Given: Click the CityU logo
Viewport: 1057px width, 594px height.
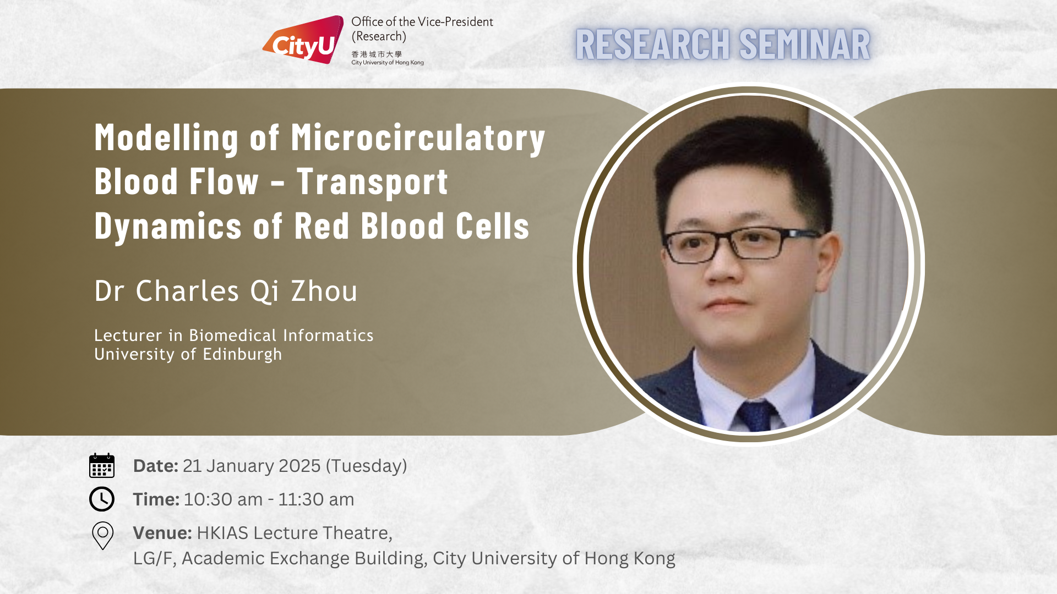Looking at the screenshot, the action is [x=303, y=40].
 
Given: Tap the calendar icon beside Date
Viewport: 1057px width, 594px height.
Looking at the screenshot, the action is [x=102, y=465].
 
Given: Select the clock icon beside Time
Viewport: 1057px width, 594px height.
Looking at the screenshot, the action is [x=102, y=499].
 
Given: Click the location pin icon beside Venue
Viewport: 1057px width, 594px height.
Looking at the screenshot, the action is [x=102, y=536].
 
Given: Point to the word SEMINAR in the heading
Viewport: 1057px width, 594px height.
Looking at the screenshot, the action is [x=804, y=45].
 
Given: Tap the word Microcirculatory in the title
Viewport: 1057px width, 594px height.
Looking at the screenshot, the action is [x=418, y=137].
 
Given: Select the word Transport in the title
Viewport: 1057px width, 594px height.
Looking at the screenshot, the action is [x=372, y=182].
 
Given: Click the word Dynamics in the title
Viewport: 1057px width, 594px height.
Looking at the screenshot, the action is [x=168, y=226].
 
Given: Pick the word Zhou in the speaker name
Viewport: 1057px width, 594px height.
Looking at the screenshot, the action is [x=324, y=291].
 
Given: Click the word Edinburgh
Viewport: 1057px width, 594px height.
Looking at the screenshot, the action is [x=242, y=354].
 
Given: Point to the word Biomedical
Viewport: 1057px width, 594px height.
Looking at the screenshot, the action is [x=233, y=335].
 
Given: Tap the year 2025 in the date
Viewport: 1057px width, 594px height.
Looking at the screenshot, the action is [x=299, y=466].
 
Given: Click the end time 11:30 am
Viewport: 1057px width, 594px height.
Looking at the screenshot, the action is [x=316, y=499].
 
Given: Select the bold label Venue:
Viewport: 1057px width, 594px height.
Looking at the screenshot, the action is [x=162, y=533].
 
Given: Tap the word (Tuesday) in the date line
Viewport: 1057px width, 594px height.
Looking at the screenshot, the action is [x=367, y=466].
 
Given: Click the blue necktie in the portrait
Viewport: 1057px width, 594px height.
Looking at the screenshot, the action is [x=756, y=416].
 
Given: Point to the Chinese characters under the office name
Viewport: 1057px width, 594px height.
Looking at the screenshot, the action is [x=377, y=54].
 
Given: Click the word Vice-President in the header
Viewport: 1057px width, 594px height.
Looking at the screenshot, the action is [x=455, y=22].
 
